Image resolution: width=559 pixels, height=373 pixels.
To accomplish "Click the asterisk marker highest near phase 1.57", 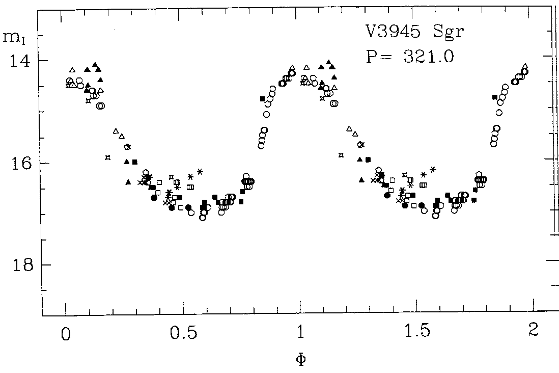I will click(433, 169).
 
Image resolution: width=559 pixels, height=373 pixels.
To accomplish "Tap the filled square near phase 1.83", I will click(494, 97).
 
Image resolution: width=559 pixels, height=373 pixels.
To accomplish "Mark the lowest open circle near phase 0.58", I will click(203, 218).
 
